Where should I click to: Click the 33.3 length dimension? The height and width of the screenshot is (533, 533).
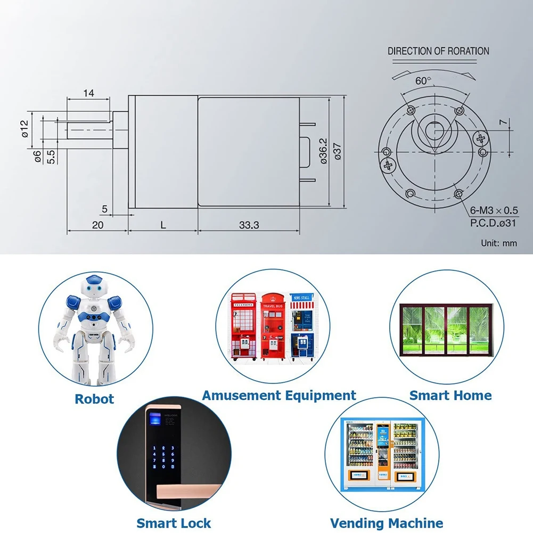pyautogui.click(x=249, y=225)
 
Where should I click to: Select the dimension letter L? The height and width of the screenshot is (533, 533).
pyautogui.click(x=163, y=225)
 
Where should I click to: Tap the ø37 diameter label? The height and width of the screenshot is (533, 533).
pyautogui.click(x=337, y=151)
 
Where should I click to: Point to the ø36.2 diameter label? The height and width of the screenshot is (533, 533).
pyautogui.click(x=323, y=151)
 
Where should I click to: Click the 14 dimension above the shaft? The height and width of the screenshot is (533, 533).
pyautogui.click(x=88, y=93)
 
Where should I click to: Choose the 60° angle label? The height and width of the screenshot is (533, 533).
pyautogui.click(x=424, y=81)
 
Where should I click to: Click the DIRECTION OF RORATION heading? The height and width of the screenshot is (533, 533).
pyautogui.click(x=438, y=51)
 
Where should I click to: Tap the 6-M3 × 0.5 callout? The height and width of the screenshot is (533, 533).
pyautogui.click(x=494, y=211)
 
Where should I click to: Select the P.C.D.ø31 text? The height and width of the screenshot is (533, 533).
pyautogui.click(x=493, y=223)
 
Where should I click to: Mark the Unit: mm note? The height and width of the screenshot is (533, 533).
pyautogui.click(x=499, y=243)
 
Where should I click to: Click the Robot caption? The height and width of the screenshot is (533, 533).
pyautogui.click(x=94, y=399)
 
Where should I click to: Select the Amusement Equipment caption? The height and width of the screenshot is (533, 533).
pyautogui.click(x=278, y=396)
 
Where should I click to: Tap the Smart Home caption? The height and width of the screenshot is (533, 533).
pyautogui.click(x=450, y=396)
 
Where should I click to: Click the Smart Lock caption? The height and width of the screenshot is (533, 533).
pyautogui.click(x=174, y=523)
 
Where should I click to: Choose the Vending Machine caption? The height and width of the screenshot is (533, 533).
pyautogui.click(x=387, y=523)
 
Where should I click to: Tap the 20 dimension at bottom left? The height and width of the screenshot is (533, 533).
pyautogui.click(x=97, y=225)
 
